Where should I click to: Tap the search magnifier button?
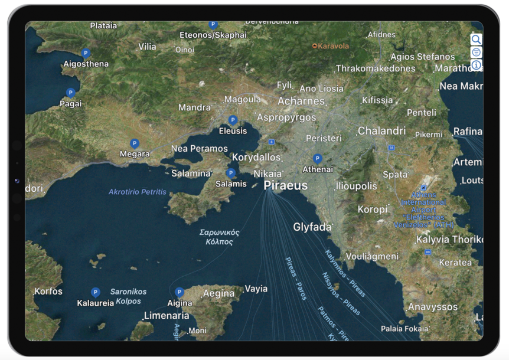pyautogui.click(x=476, y=40)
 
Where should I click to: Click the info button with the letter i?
pyautogui.click(x=476, y=65)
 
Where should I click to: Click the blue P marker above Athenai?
pyautogui.click(x=318, y=159)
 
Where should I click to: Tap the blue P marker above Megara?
pyautogui.click(x=135, y=143)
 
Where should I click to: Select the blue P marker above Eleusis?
pyautogui.click(x=233, y=120)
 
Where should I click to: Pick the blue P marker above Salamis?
pyautogui.click(x=231, y=173)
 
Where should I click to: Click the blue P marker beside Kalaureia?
pyautogui.click(x=95, y=292)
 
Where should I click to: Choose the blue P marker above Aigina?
pyautogui.click(x=180, y=292)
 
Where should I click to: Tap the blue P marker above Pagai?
pyautogui.click(x=70, y=93)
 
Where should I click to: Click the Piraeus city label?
pyautogui.click(x=285, y=185)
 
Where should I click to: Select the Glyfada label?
pyautogui.click(x=312, y=227)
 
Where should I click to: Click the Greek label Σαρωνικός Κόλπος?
pyautogui.click(x=219, y=237)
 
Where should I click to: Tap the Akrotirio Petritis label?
pyautogui.click(x=138, y=192)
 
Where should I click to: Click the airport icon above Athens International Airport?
pyautogui.click(x=423, y=188)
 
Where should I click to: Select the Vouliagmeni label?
pyautogui.click(x=372, y=256)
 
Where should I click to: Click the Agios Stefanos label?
pyautogui.click(x=423, y=57)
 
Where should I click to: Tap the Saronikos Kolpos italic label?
pyautogui.click(x=128, y=296)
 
